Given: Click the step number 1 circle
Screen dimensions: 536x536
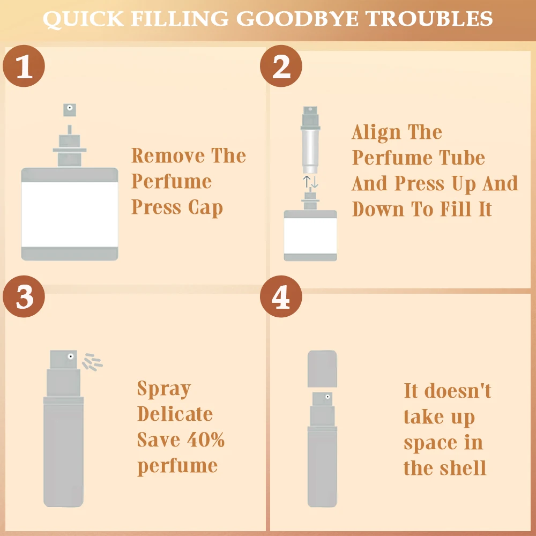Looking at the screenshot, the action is tap(24, 66).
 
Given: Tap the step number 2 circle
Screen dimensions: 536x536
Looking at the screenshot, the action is tap(281, 66).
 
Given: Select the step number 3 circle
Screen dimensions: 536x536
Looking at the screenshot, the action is tap(24, 296).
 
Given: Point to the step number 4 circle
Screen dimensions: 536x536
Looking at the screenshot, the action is tap(281, 296).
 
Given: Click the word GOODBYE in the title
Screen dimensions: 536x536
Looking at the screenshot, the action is tap(297, 18).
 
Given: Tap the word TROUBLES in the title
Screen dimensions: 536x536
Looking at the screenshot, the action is tap(429, 18).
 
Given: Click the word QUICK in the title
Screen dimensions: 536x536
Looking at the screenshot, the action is tap(83, 19).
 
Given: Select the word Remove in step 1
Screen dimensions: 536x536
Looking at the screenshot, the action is tap(168, 155).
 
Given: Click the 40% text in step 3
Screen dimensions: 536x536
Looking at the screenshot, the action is tap(206, 440).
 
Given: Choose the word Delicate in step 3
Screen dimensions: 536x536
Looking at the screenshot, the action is tap(175, 414).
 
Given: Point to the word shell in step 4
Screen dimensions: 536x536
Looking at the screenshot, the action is tap(463, 468).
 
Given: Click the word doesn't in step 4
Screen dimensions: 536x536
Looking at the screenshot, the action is tap(458, 391).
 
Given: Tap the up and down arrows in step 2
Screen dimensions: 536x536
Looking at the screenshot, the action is tap(311, 182).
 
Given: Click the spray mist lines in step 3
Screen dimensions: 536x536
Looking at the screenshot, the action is tap(92, 362).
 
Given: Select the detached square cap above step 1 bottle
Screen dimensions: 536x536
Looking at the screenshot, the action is tap(70, 110).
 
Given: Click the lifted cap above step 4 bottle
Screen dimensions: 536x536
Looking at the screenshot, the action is tap(322, 369).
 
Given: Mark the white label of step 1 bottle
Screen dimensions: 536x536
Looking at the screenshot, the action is tap(70, 214).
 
